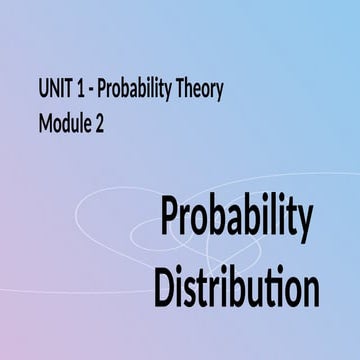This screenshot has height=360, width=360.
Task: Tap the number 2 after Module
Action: pos(102,125)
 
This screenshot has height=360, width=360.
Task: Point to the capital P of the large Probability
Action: pos(172,218)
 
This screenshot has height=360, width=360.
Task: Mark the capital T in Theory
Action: pos(182,90)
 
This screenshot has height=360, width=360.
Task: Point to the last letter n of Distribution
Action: pos(310,288)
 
